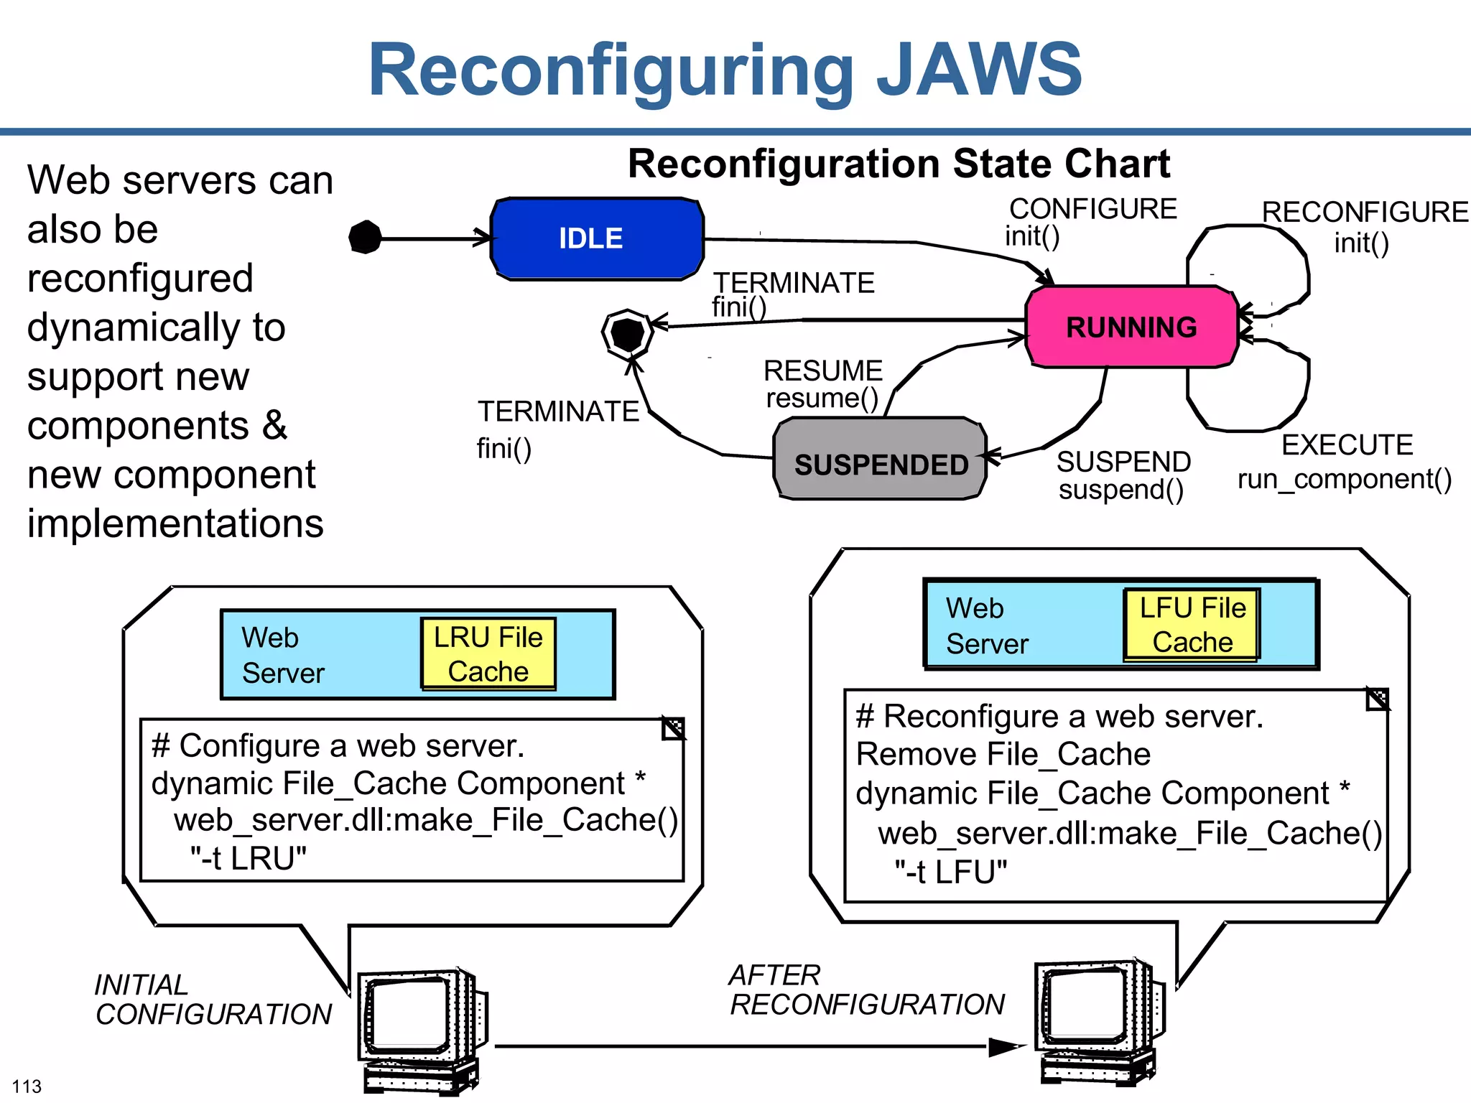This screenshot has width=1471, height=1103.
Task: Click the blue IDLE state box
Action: (x=596, y=239)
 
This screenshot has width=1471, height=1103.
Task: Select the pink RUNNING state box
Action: (x=1131, y=327)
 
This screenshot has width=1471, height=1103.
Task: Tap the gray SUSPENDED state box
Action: (x=880, y=460)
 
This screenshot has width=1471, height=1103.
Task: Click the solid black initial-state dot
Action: (x=365, y=237)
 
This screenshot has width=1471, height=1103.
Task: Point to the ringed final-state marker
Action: (x=627, y=334)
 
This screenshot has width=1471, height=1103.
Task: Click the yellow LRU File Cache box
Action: (x=488, y=654)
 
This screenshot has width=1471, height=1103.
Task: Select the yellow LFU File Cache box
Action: (x=1192, y=625)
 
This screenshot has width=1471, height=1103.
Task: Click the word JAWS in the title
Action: (x=980, y=70)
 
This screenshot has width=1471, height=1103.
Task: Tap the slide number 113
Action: (x=27, y=1086)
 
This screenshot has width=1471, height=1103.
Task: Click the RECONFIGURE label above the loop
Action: (x=1365, y=213)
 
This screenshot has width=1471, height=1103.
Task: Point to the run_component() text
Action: (x=1344, y=479)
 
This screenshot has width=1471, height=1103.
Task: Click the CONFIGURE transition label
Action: (x=1092, y=209)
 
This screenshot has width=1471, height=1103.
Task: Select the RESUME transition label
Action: (x=822, y=371)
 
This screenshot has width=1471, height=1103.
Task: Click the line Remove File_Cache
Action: (x=1003, y=755)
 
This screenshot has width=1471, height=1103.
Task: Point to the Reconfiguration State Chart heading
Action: (x=899, y=164)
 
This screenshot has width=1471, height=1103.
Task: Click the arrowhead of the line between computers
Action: (x=1008, y=1047)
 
